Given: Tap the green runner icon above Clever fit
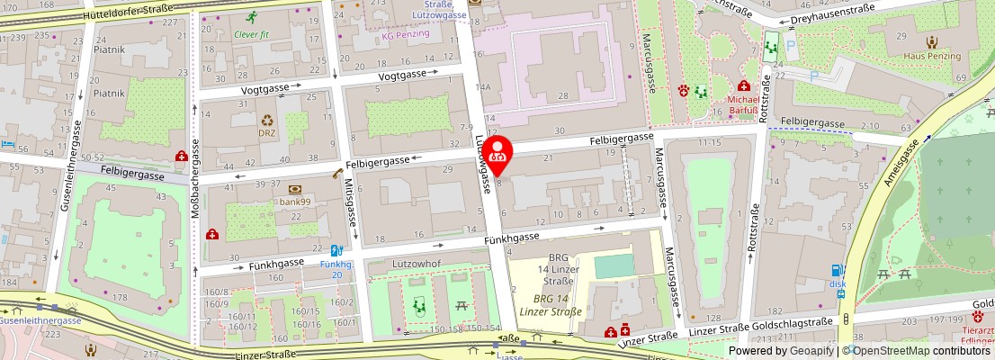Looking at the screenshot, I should [x=252, y=17].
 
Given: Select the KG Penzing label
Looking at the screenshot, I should [x=406, y=34].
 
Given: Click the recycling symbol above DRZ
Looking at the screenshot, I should [x=267, y=120].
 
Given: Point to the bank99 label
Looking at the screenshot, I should [x=295, y=202].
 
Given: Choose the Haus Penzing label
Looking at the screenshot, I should [x=933, y=56].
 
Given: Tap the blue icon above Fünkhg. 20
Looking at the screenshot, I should [x=336, y=251].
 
